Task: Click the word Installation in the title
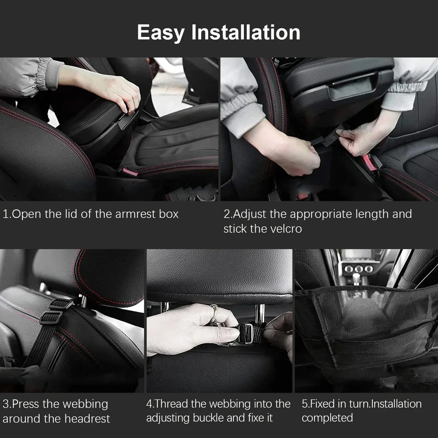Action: (x=246, y=32)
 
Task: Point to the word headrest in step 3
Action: (x=87, y=419)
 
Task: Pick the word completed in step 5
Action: (x=327, y=418)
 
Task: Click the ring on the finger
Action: (x=214, y=311)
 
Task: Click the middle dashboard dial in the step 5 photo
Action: (x=359, y=269)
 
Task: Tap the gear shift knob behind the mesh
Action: (x=356, y=279)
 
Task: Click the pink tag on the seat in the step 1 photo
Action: (x=130, y=172)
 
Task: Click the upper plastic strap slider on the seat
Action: (x=60, y=304)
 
